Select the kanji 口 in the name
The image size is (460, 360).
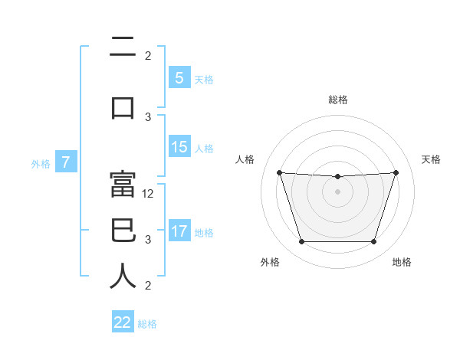pos(123,108)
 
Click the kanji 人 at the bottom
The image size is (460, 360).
pos(123,276)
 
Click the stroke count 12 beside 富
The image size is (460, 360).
pos(149,194)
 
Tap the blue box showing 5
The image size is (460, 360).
pos(179,78)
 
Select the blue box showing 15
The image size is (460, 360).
pos(179,147)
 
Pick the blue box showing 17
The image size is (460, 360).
pos(179,231)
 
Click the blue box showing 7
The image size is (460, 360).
pos(66,162)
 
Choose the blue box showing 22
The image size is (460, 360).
pos(123,322)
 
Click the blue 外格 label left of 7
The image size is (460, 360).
pos(40,163)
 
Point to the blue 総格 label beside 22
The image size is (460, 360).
pos(147,323)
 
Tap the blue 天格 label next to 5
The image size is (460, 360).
pos(204,79)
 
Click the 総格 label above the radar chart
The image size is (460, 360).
pos(338,100)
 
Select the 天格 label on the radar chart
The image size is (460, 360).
pos(432,159)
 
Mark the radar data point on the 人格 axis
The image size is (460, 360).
pos(279,172)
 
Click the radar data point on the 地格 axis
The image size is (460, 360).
pos(373,242)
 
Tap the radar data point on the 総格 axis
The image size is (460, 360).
pos(337,177)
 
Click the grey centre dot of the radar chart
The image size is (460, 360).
pos(337,191)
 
